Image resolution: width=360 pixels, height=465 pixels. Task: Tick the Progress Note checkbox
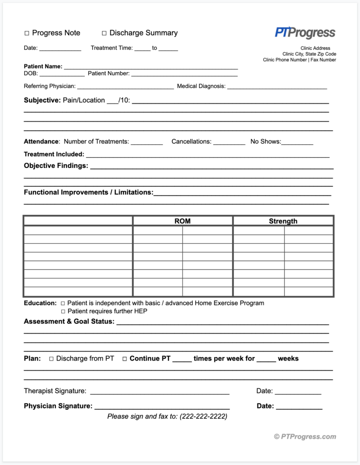27,33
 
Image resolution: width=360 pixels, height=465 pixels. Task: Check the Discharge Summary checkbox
104,33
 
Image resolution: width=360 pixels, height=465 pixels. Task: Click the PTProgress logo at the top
305,33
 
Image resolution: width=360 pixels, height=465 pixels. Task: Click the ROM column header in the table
182,221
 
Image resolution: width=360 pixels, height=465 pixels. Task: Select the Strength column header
283,221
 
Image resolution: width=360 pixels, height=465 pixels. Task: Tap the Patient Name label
43,66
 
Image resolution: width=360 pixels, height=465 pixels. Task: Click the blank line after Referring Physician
125,86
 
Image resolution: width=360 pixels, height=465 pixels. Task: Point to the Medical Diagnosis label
201,86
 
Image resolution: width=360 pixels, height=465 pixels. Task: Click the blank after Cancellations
229,142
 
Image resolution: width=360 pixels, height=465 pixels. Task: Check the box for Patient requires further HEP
63,312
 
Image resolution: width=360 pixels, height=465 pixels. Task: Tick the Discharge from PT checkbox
51,359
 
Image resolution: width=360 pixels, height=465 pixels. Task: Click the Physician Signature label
58,406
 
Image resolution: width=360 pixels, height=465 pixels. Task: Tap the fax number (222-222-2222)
203,416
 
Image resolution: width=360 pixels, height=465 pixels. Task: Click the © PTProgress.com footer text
305,437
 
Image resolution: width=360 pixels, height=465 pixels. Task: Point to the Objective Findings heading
56,166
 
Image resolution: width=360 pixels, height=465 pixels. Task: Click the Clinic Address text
315,48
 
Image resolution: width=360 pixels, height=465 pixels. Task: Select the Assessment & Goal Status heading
69,322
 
